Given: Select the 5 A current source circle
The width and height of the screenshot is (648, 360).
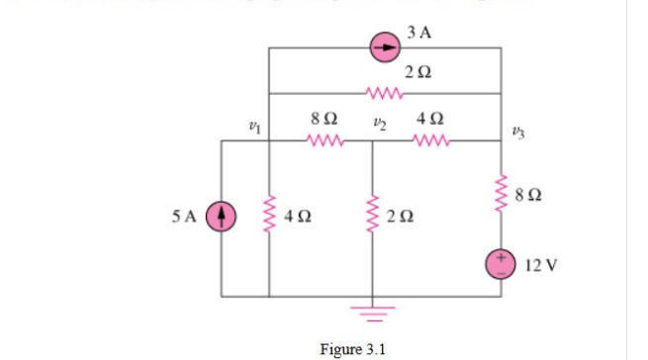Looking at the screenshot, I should [x=221, y=215].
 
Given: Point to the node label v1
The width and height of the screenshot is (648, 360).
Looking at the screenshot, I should [x=255, y=126].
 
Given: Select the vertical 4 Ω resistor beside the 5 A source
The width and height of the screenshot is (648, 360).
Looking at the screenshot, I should [x=269, y=215].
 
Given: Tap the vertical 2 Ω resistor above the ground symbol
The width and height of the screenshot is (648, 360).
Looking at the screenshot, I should [x=373, y=215].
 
